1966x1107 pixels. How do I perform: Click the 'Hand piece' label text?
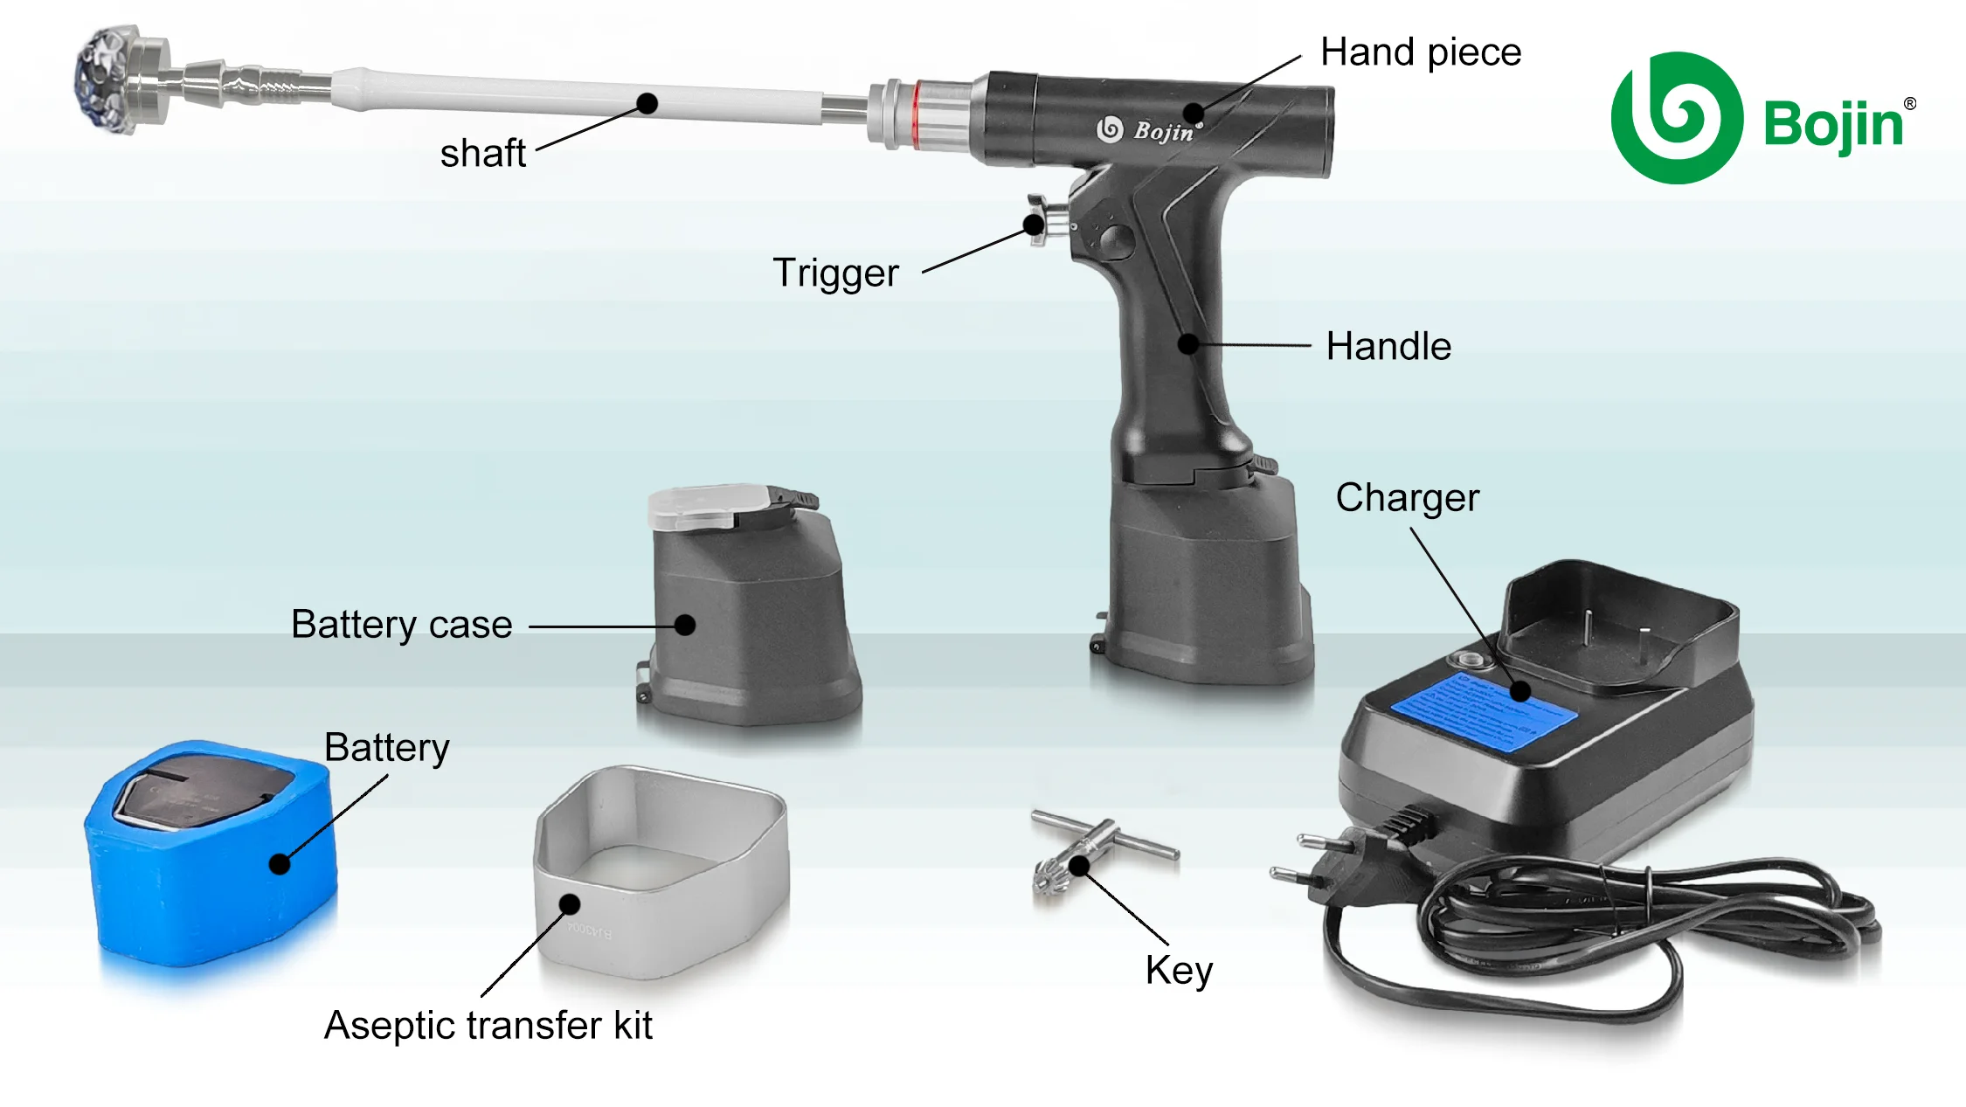[1420, 52]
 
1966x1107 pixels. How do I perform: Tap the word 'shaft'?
[482, 154]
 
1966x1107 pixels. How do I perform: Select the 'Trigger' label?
[835, 273]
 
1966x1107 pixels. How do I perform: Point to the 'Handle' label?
[1388, 347]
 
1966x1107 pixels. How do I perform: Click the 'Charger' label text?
[1407, 498]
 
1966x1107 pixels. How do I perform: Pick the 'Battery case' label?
[401, 626]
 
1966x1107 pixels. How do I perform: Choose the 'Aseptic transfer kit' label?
[488, 1026]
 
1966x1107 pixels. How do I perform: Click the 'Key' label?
[1179, 971]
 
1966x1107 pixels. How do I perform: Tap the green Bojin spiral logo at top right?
[1676, 118]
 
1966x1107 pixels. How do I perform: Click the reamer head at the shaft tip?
[109, 79]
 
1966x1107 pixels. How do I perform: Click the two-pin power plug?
[1337, 861]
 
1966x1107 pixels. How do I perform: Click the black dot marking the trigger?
[1034, 225]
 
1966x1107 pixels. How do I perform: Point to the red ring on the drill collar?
[914, 114]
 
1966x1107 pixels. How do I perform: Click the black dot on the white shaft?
[647, 104]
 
